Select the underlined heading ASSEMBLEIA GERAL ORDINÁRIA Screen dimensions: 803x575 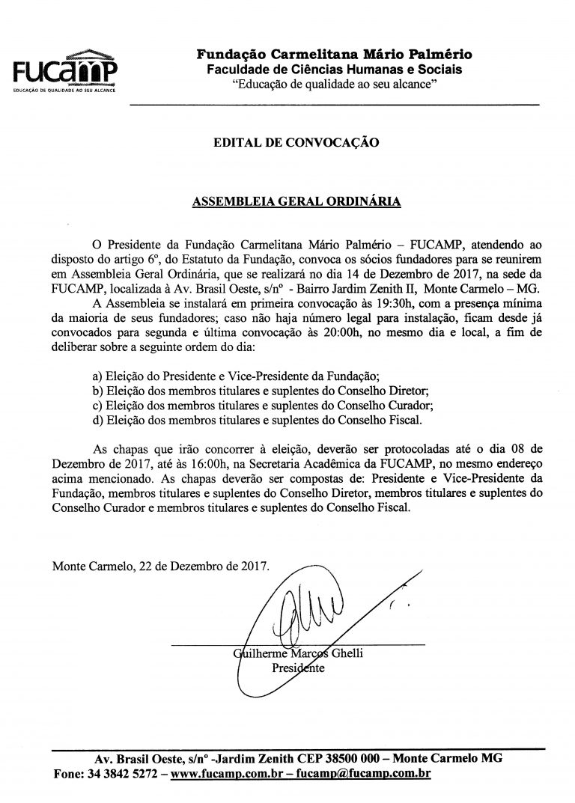tap(296, 201)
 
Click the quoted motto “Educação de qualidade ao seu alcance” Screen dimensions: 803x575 tap(334, 85)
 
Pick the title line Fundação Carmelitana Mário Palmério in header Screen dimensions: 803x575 tap(334, 54)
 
